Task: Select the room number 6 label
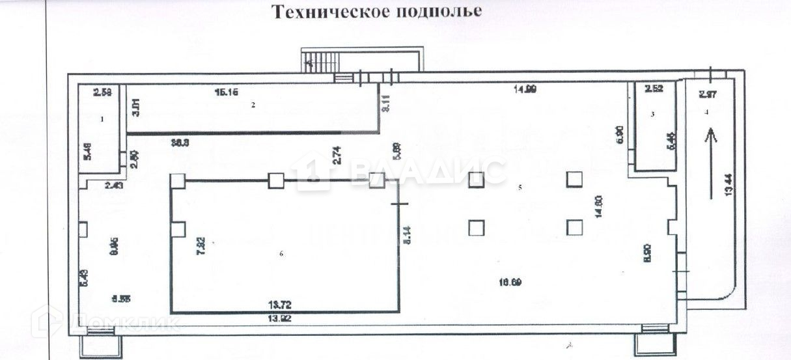(281, 254)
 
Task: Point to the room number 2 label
(254, 104)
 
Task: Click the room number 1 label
(102, 119)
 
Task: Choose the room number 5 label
(520, 187)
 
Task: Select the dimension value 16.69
(510, 282)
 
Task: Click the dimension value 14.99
(523, 90)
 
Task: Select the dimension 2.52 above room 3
(654, 89)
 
